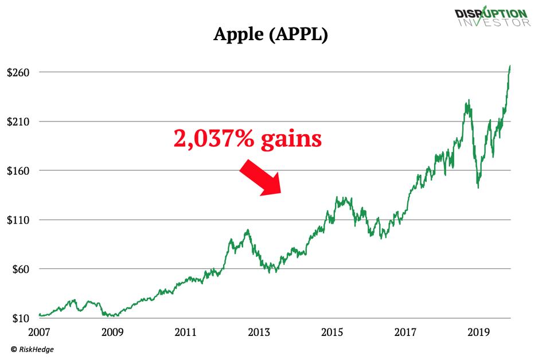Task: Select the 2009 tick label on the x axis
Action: (x=112, y=332)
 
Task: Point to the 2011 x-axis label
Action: (x=186, y=332)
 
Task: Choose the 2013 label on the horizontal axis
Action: (x=259, y=332)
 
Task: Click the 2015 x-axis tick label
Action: (x=332, y=332)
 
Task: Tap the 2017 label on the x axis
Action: (x=405, y=332)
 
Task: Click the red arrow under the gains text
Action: (x=260, y=178)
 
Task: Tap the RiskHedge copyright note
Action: (x=32, y=349)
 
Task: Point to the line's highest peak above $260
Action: (x=510, y=66)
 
